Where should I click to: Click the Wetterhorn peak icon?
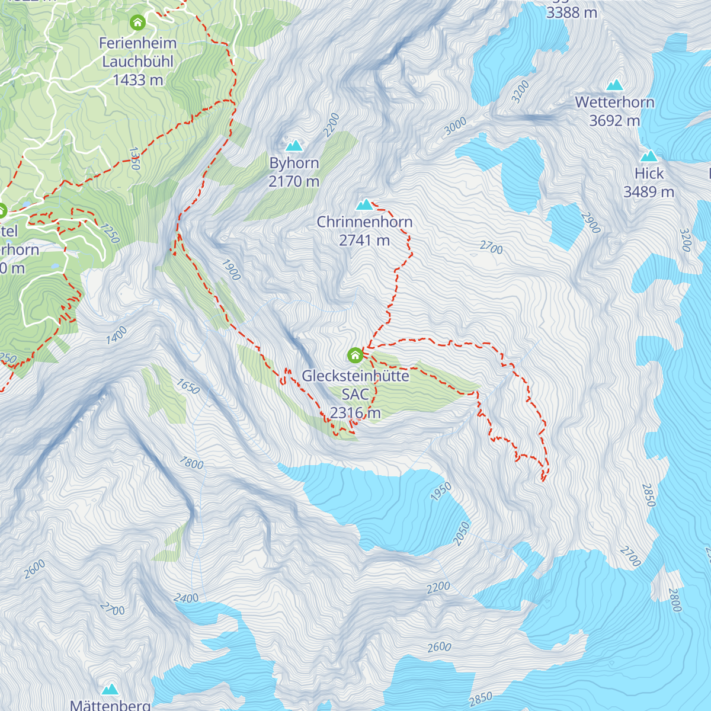pos(614,85)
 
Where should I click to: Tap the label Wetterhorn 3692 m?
pos(614,111)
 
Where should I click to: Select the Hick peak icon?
pos(649,156)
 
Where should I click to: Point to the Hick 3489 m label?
pos(649,182)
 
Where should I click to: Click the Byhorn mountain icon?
pos(294,145)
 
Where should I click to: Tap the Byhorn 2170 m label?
pos(294,172)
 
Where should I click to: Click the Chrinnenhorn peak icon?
pos(364,205)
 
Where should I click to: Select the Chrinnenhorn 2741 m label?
pos(364,231)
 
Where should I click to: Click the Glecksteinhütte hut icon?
pos(355,355)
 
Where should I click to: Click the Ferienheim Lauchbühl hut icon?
pos(137,23)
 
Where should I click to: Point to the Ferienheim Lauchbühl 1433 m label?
pos(137,61)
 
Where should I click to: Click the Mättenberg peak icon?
pos(110,689)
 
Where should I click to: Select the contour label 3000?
pos(455,126)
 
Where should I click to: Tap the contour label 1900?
pos(231,270)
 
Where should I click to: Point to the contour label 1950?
pos(441,492)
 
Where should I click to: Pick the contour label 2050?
pos(461,533)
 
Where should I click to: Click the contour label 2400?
pos(186,598)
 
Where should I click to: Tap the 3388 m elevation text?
pos(571,12)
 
